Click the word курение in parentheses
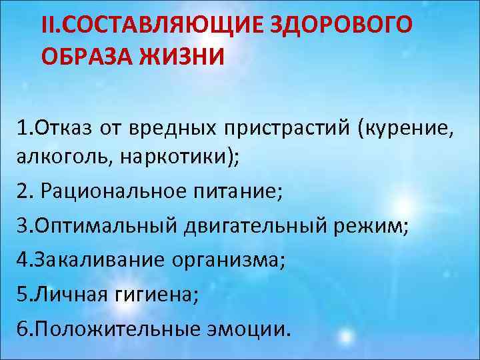(x=407, y=127)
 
